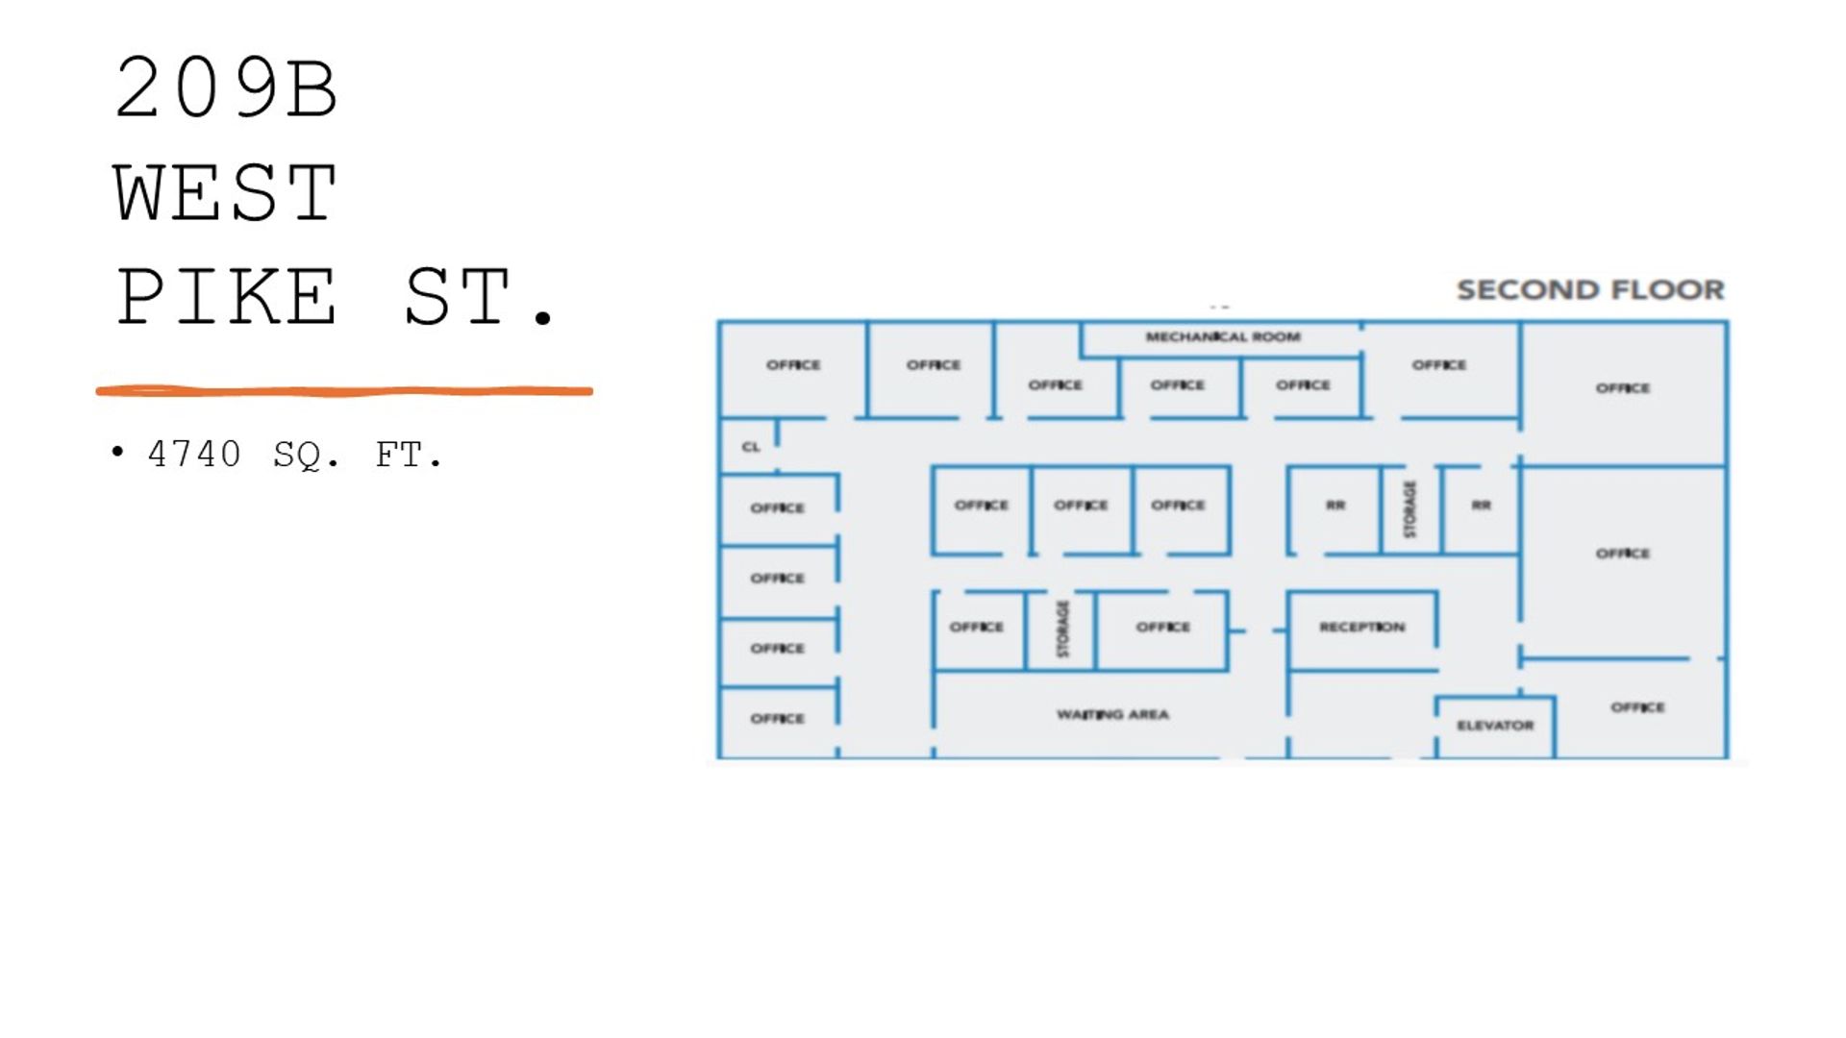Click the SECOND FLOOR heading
(1590, 289)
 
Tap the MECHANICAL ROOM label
(1223, 336)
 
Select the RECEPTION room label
(1361, 627)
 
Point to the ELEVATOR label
(1495, 726)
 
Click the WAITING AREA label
(1112, 714)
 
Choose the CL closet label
(751, 447)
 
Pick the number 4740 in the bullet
(194, 454)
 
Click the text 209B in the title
(226, 88)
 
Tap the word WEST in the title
(226, 192)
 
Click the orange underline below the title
(344, 391)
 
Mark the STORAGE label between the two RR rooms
(1409, 509)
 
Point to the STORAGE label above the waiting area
(1062, 629)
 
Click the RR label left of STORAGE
(1335, 505)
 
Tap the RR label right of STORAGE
(1481, 505)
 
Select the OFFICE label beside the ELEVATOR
(1637, 707)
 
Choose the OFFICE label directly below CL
(777, 507)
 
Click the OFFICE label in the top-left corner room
(793, 365)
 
